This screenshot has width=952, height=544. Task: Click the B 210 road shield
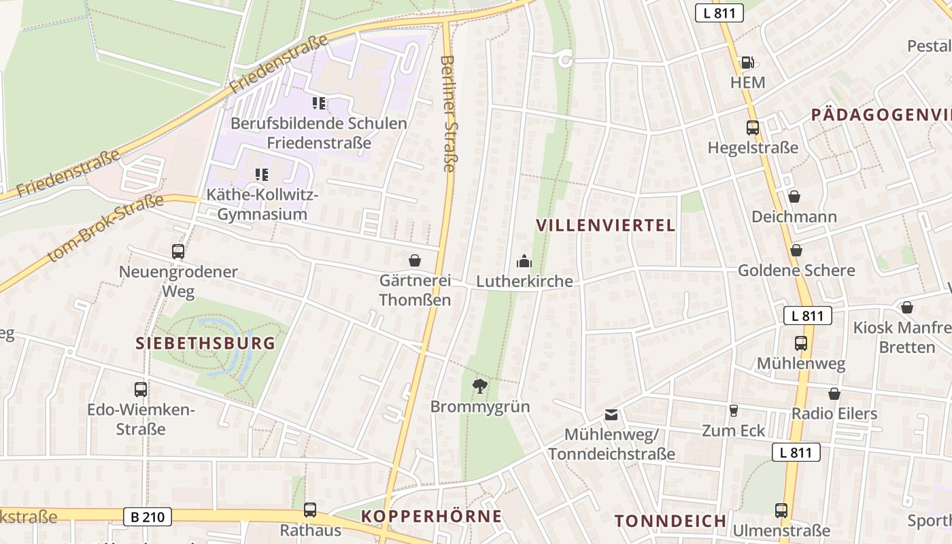pyautogui.click(x=148, y=517)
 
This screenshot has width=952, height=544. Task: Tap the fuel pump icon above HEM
pyautogui.click(x=747, y=63)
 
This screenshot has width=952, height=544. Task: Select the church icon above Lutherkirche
pyautogui.click(x=524, y=260)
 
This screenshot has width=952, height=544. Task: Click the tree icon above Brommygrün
pyautogui.click(x=480, y=386)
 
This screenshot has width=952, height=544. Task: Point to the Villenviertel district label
pyautogui.click(x=606, y=226)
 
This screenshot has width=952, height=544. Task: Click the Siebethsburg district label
pyautogui.click(x=206, y=343)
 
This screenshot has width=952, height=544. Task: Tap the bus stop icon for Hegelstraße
pyautogui.click(x=753, y=127)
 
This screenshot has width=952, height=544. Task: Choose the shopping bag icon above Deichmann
pyautogui.click(x=794, y=197)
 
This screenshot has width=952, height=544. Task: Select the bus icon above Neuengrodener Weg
pyautogui.click(x=178, y=252)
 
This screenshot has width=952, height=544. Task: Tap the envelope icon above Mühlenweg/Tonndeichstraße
pyautogui.click(x=611, y=414)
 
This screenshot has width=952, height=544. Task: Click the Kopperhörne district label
pyautogui.click(x=431, y=516)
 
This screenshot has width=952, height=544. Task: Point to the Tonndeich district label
pyautogui.click(x=670, y=522)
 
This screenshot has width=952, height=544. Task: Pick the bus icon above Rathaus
pyautogui.click(x=310, y=509)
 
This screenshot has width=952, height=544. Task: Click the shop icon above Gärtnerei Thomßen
pyautogui.click(x=415, y=260)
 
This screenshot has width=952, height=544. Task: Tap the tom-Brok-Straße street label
pyautogui.click(x=106, y=228)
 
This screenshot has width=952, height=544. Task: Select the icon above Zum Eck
pyautogui.click(x=733, y=410)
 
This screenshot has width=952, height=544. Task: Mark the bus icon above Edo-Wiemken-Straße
pyautogui.click(x=141, y=390)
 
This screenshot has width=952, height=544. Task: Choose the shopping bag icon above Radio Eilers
pyautogui.click(x=834, y=394)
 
